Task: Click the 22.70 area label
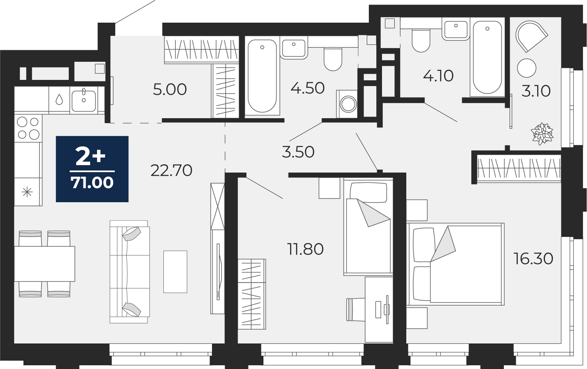pyautogui.click(x=171, y=170)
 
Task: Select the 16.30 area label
pyautogui.click(x=533, y=258)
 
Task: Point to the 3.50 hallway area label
pyautogui.click(x=298, y=152)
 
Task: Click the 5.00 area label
pyautogui.click(x=170, y=89)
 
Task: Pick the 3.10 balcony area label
pyautogui.click(x=536, y=91)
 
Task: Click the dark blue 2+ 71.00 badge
pyautogui.click(x=92, y=169)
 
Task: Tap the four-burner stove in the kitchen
pyautogui.click(x=28, y=128)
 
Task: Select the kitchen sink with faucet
pyautogui.click(x=84, y=101)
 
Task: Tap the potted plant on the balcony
pyautogui.click(x=542, y=133)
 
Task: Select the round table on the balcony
pyautogui.click(x=527, y=68)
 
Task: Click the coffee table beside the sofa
pyautogui.click(x=175, y=271)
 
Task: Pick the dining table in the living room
pyautogui.click(x=44, y=264)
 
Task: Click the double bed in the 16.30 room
pyautogui.click(x=455, y=264)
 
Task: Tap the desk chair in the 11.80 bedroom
pyautogui.click(x=356, y=309)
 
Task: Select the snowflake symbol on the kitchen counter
pyautogui.click(x=27, y=192)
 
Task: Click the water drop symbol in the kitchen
pyautogui.click(x=59, y=100)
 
